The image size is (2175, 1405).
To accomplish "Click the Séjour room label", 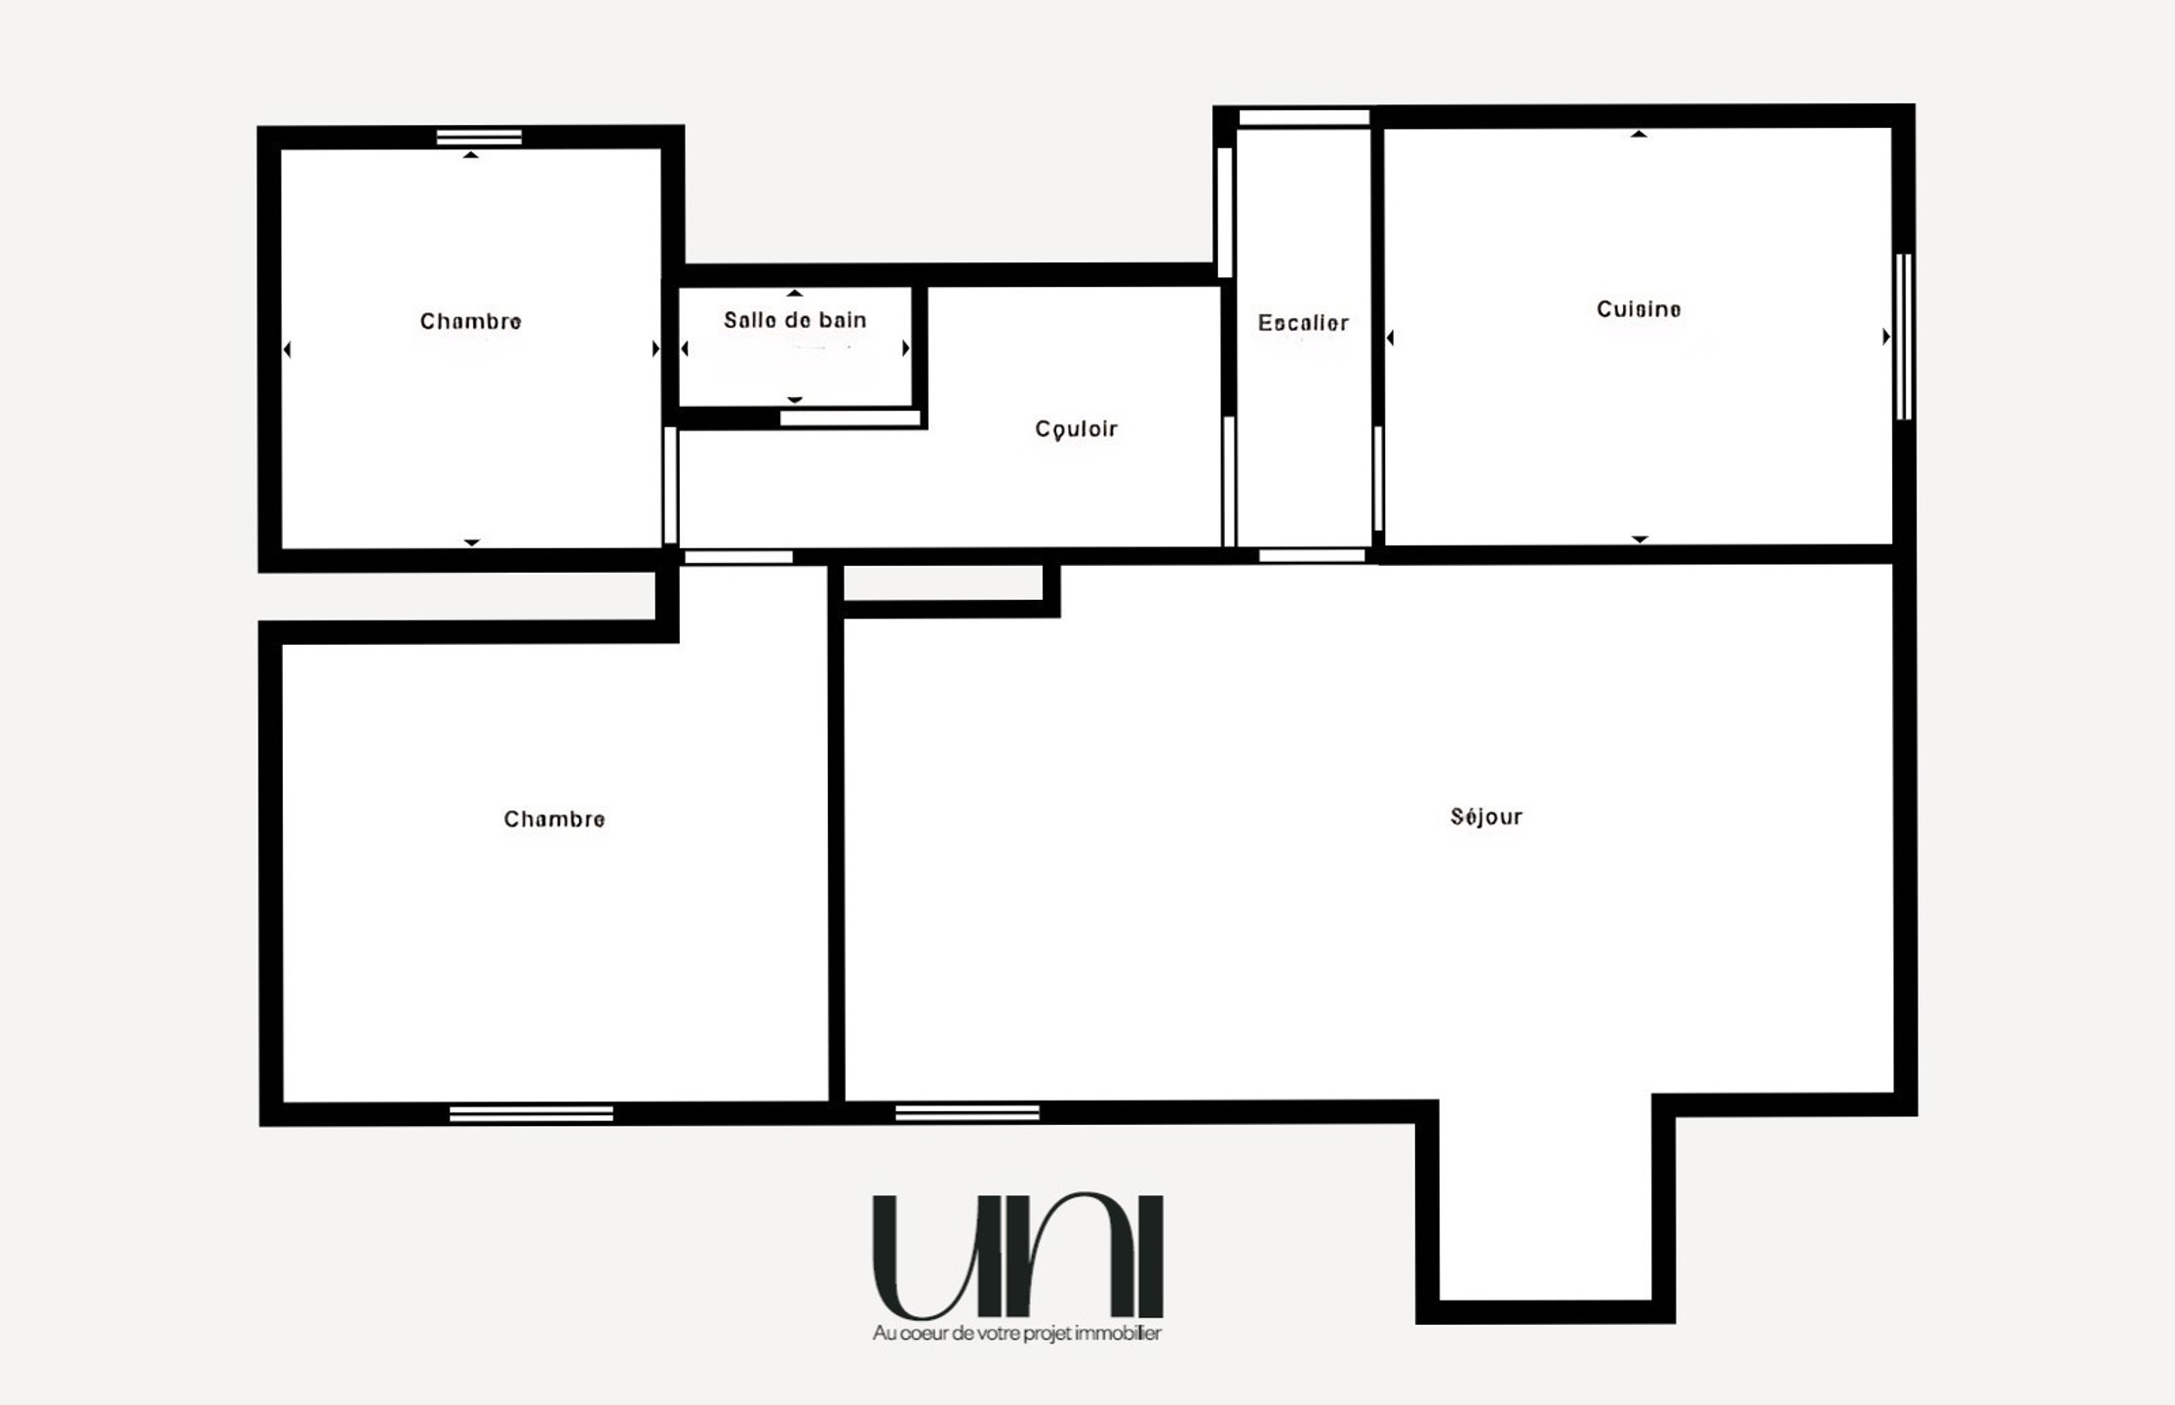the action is pos(1485,817).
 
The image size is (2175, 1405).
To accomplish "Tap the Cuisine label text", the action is pos(1639,309).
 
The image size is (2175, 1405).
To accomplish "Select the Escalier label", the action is pos(1303,323).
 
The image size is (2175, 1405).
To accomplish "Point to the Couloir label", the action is pos(1076,429).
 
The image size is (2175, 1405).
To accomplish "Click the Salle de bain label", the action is pos(795,320).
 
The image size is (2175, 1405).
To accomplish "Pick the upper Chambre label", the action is pos(470,321).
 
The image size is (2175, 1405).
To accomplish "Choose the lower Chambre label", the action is pos(554,819).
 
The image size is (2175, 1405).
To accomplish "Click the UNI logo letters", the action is pos(1017,1256).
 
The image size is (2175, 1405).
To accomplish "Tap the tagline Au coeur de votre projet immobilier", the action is pos(1017,1333).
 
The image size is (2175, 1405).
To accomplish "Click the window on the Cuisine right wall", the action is pos(1903,337).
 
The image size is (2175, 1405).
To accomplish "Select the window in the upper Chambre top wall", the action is pos(479,138).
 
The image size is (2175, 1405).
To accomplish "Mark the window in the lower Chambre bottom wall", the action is pos(532,1114).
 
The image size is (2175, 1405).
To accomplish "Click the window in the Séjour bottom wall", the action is pos(968,1113).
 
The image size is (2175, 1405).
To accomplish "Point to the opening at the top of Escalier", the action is pos(1304,118).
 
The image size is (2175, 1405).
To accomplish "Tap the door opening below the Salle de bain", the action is pos(850,419).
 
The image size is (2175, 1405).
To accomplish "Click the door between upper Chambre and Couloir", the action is pos(670,485).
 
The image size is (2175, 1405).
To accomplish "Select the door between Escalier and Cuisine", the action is pos(1378,478).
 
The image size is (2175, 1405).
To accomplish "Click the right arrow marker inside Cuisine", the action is pos(1886,337).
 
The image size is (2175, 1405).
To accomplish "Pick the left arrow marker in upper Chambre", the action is pos(287,349).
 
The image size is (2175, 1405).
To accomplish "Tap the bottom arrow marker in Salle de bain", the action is pos(795,400).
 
